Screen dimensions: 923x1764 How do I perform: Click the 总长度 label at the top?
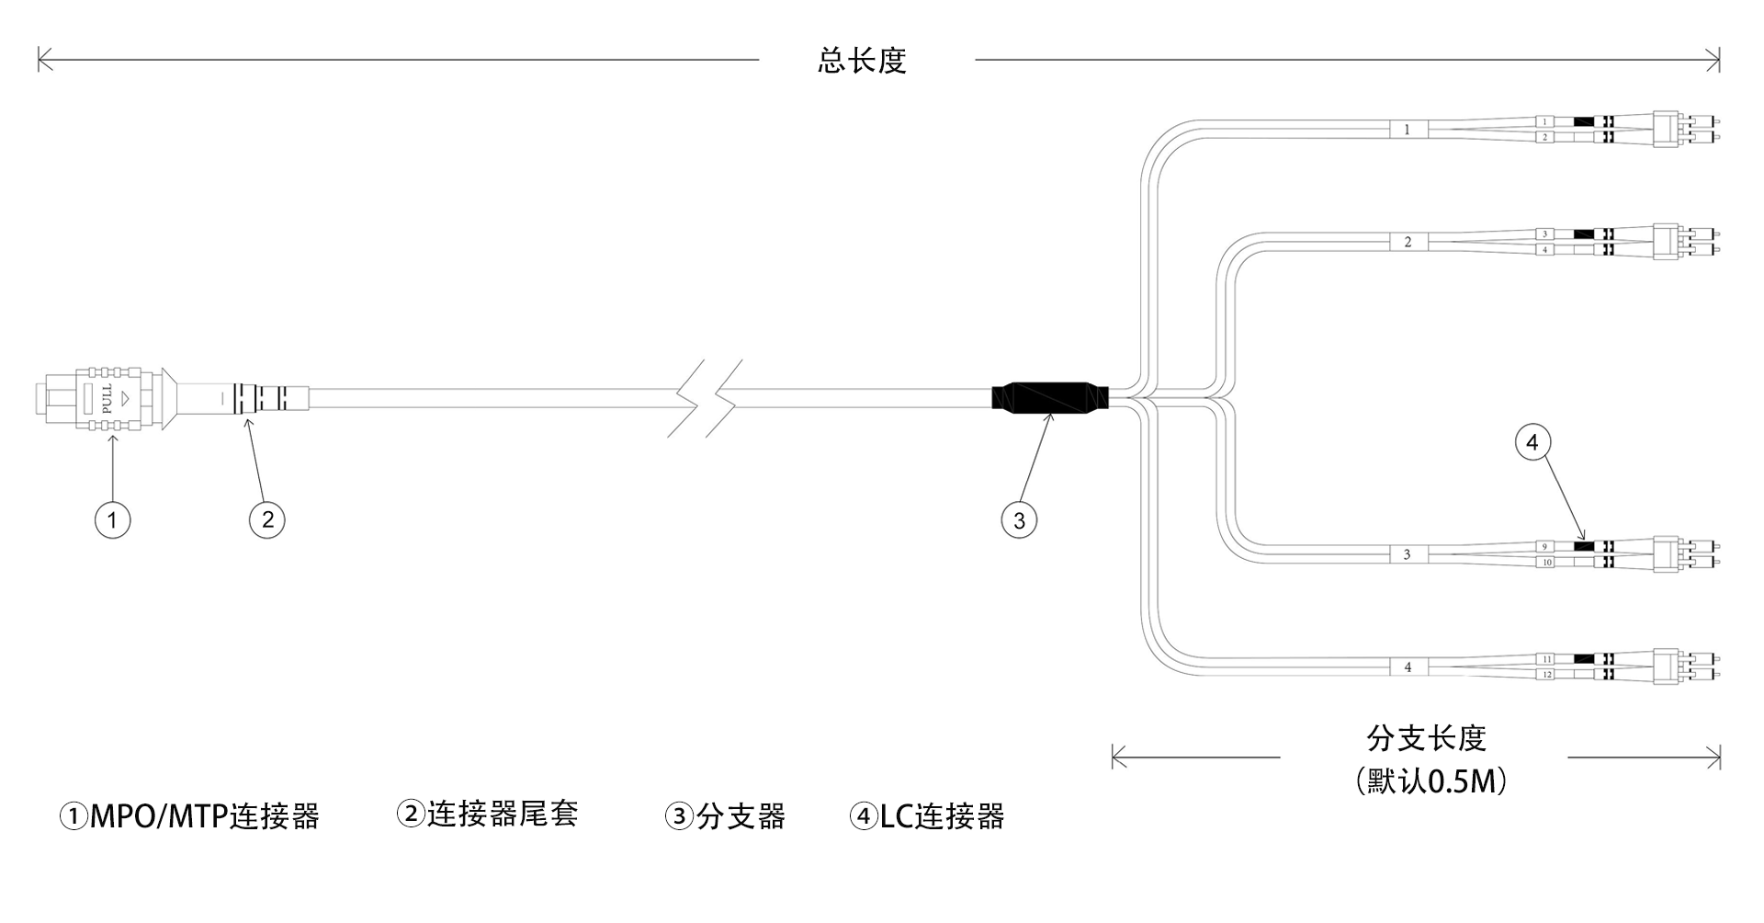[x=862, y=61]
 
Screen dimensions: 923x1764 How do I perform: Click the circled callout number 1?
[x=112, y=520]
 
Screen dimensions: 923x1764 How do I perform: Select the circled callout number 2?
[x=267, y=520]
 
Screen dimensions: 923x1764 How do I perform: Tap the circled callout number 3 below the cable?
[x=1019, y=520]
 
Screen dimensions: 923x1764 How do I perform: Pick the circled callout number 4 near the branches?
[x=1532, y=443]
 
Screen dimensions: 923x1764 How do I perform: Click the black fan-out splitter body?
[x=1050, y=397]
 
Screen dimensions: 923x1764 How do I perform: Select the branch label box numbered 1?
[x=1407, y=130]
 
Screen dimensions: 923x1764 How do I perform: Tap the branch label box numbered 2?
[x=1407, y=243]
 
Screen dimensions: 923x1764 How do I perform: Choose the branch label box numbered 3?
[x=1407, y=554]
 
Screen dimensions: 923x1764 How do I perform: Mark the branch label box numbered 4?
[x=1407, y=667]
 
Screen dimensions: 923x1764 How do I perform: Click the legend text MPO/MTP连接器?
[x=203, y=816]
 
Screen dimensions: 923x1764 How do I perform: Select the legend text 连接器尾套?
[x=502, y=814]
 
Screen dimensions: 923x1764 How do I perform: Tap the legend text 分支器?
[x=740, y=816]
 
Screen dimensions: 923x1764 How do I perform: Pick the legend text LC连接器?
[x=942, y=816]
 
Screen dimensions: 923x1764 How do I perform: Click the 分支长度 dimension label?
[x=1426, y=738]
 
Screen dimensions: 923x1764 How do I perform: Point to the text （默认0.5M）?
[x=1430, y=781]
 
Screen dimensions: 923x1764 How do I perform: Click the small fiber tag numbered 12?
[x=1546, y=675]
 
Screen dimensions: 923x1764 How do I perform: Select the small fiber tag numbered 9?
[x=1544, y=547]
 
